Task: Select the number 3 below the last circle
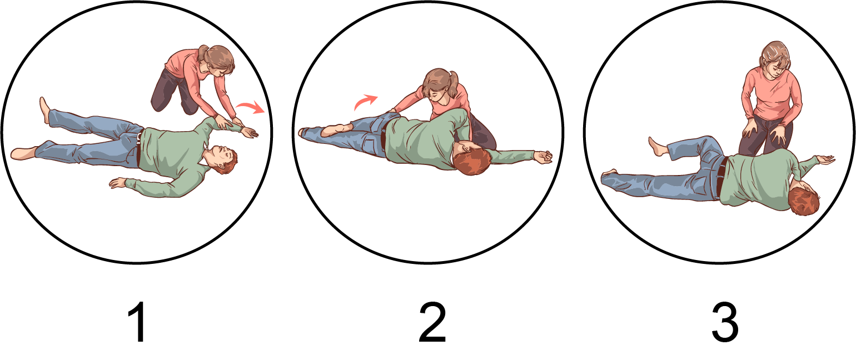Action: tap(725, 322)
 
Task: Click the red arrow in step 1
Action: tap(251, 108)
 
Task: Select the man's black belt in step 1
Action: tap(139, 148)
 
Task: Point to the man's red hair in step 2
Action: tap(472, 162)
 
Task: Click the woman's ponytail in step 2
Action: tap(452, 84)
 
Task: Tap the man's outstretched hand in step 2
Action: tap(543, 157)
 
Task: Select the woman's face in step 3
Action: tap(774, 69)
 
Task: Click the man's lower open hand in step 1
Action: tap(118, 183)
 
